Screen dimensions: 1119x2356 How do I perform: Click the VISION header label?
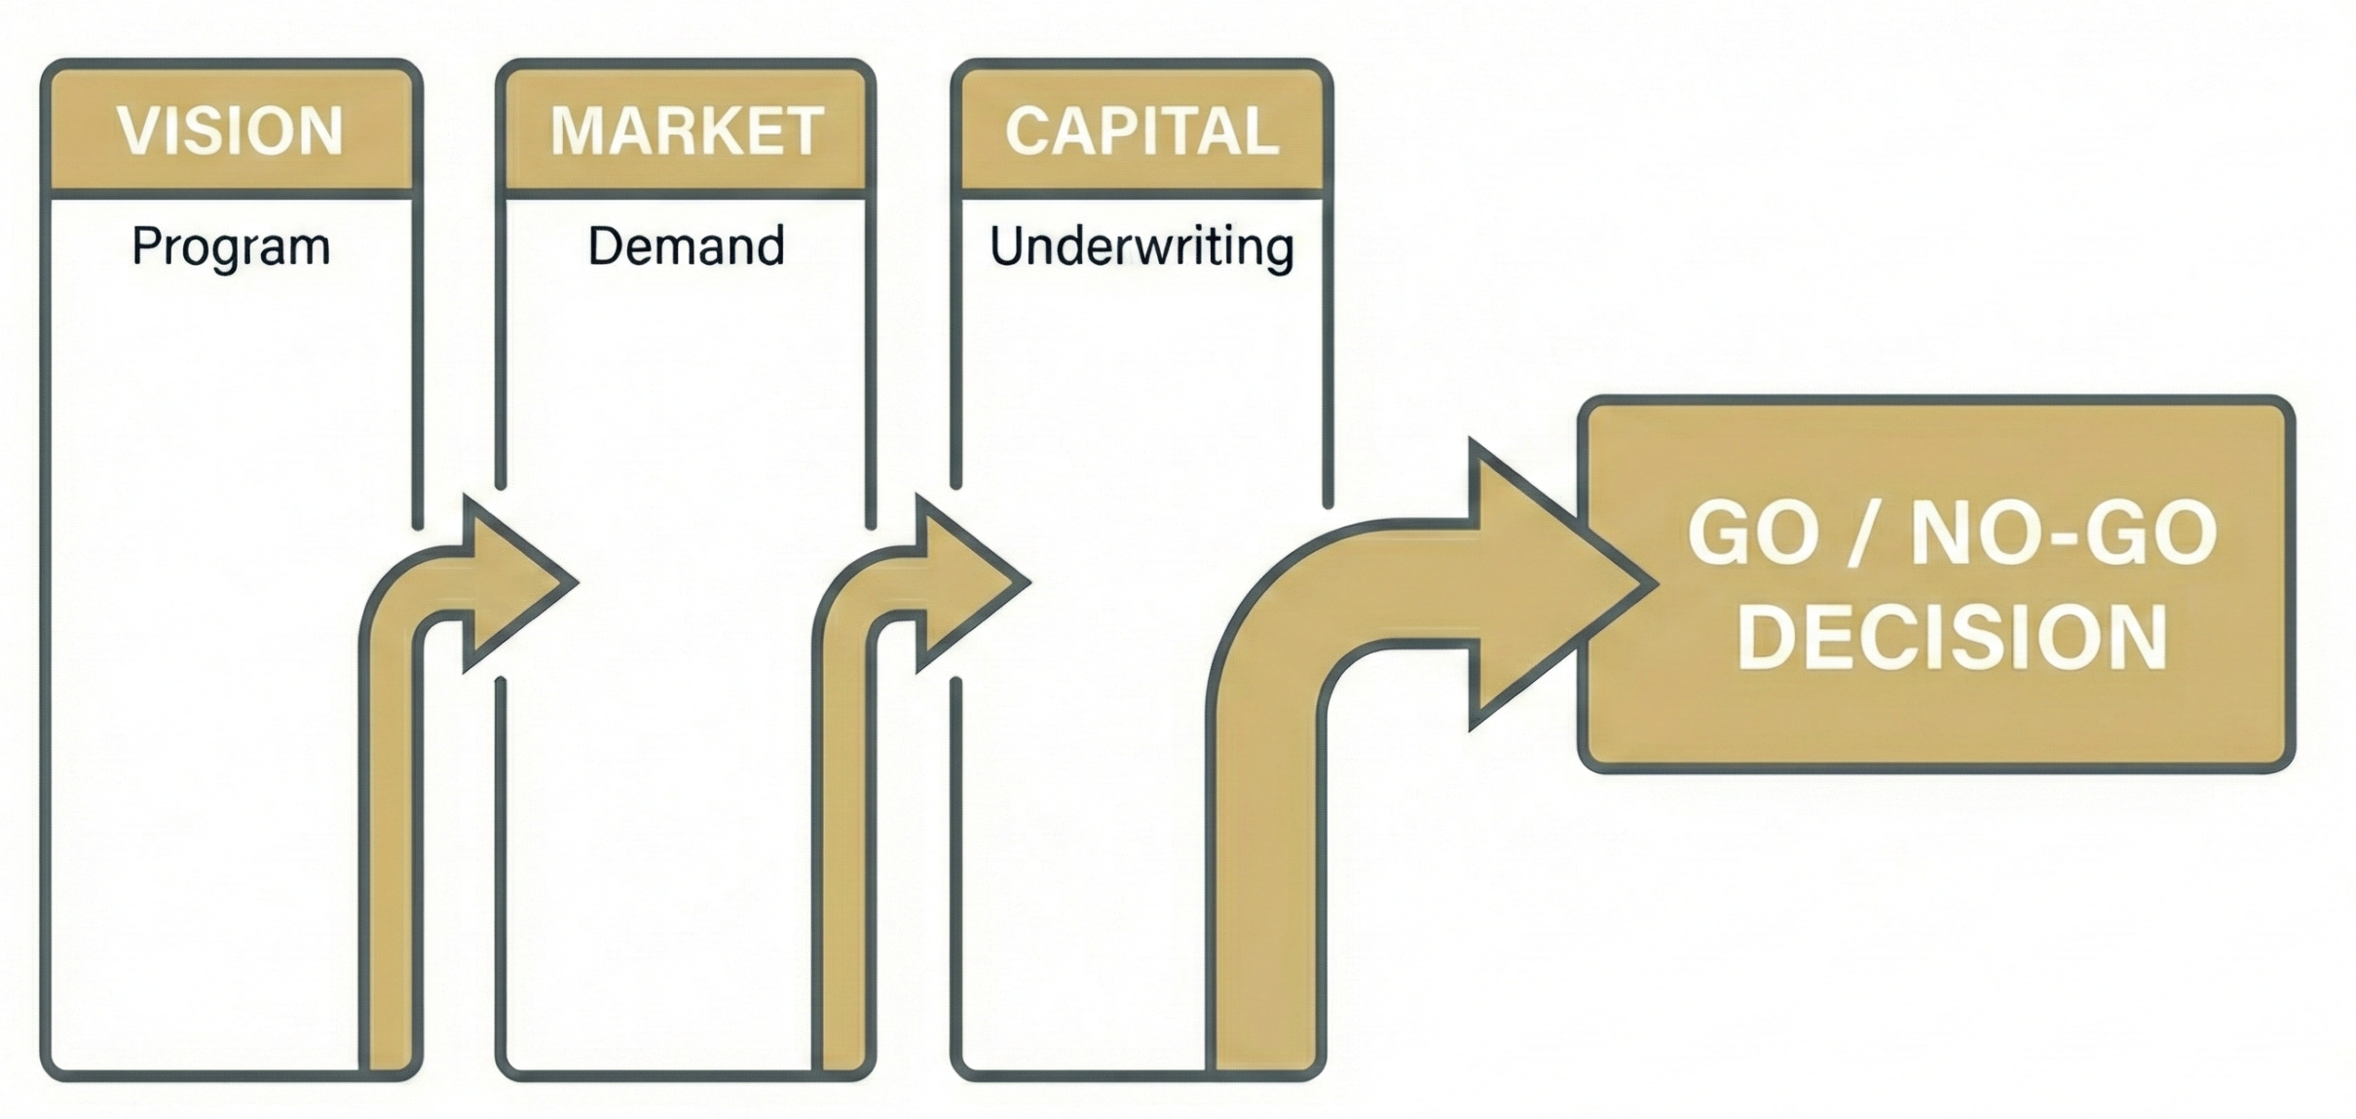(x=231, y=131)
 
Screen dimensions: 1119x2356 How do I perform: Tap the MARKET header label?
(x=687, y=131)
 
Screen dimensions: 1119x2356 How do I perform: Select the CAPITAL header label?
(x=1141, y=131)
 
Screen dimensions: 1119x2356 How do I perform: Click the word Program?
(x=231, y=246)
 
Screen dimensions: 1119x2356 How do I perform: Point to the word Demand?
(x=686, y=245)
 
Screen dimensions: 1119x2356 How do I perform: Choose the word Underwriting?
(x=1141, y=246)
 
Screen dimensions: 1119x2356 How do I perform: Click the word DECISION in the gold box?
(x=1952, y=637)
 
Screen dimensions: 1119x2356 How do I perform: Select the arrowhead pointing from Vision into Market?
(x=516, y=583)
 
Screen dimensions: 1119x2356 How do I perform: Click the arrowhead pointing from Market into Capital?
(x=969, y=583)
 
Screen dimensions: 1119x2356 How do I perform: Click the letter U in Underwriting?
(x=1008, y=245)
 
